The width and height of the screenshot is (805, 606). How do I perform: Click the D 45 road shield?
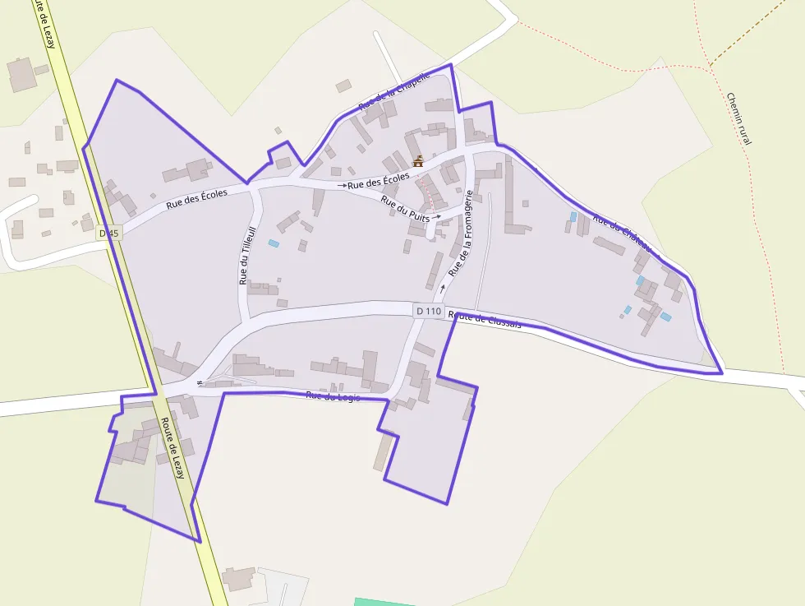pyautogui.click(x=108, y=234)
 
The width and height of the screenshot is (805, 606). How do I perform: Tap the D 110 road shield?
pyautogui.click(x=429, y=311)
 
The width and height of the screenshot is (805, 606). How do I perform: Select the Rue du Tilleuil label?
pyautogui.click(x=244, y=256)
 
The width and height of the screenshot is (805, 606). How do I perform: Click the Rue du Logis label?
pyautogui.click(x=333, y=396)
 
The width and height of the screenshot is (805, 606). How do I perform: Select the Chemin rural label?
pyautogui.click(x=738, y=118)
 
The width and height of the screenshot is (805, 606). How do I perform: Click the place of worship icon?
pyautogui.click(x=418, y=161)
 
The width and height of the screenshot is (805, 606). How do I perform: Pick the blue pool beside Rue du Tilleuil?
pyautogui.click(x=274, y=243)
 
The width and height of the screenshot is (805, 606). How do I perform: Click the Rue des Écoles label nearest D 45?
pyautogui.click(x=196, y=196)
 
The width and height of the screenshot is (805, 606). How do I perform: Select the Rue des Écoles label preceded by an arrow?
pyautogui.click(x=378, y=181)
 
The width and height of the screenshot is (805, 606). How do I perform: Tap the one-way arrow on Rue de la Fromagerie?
pyautogui.click(x=443, y=288)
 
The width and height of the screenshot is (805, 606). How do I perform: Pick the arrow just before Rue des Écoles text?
pyautogui.click(x=342, y=186)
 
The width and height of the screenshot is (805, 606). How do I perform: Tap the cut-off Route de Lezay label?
pyautogui.click(x=44, y=25)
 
